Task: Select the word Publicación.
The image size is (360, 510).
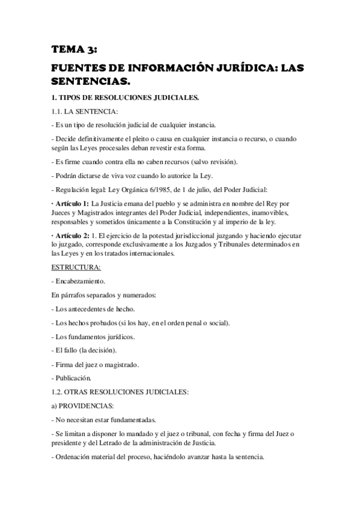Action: [x=73, y=378]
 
